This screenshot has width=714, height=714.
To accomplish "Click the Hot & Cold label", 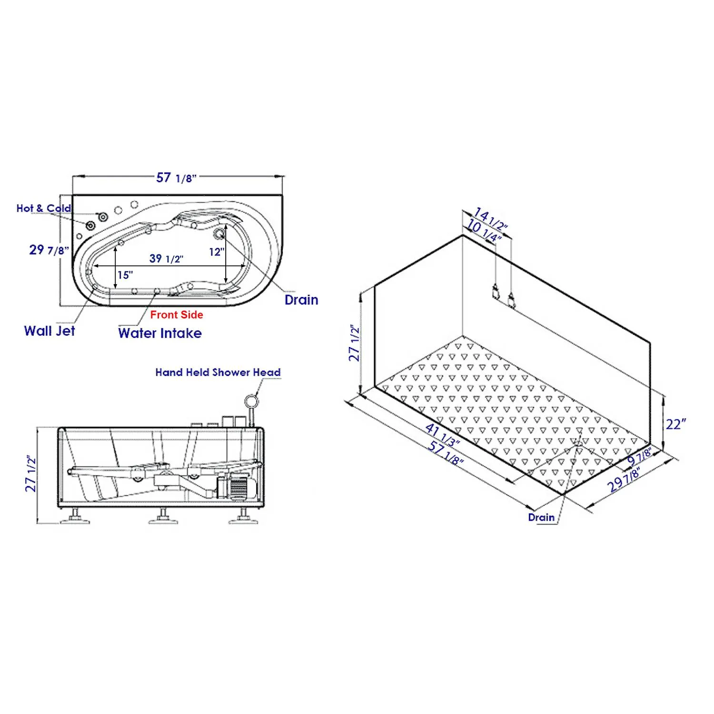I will click(x=44, y=208).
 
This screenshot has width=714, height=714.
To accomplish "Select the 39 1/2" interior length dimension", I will click(x=166, y=258).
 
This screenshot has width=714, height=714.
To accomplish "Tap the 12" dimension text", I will click(x=217, y=252).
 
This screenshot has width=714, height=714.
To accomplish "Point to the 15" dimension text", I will click(x=125, y=275).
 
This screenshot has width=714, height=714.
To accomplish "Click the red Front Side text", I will click(x=177, y=315).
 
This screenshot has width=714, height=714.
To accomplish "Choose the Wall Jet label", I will click(x=50, y=331).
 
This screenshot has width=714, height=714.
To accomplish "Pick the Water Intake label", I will click(x=160, y=333).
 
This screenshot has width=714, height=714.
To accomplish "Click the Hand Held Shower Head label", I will click(x=218, y=372).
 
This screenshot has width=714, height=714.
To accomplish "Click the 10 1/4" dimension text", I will click(x=484, y=230).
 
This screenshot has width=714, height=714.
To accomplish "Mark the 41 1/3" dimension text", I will click(x=442, y=436).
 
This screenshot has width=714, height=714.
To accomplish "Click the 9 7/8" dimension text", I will click(x=639, y=456).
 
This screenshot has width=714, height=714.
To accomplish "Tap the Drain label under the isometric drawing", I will click(x=541, y=517).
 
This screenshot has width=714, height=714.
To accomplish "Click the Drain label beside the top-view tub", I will click(x=301, y=300).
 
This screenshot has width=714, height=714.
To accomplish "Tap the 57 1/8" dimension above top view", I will click(x=176, y=178).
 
